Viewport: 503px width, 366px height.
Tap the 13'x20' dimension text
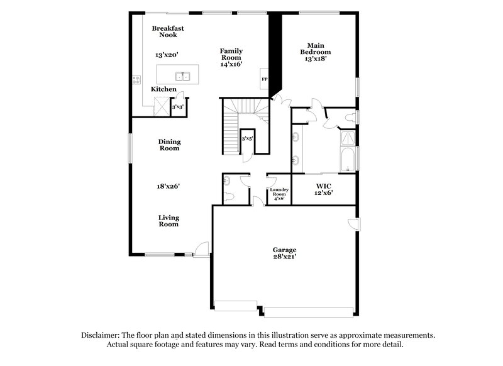[167, 55]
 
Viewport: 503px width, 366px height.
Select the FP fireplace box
[265, 79]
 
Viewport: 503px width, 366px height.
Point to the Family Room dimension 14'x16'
[231, 64]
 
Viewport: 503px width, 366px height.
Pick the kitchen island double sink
[184, 77]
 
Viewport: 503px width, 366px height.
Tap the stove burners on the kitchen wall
[136, 80]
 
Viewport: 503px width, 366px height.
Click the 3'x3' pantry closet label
[178, 106]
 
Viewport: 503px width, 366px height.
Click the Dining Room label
[169, 145]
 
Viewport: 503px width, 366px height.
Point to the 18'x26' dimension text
[168, 186]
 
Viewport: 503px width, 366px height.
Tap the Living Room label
[168, 220]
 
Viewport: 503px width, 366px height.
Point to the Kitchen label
[163, 90]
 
